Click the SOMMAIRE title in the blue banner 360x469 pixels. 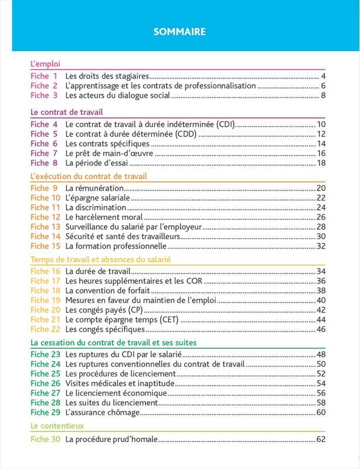coord(179,32)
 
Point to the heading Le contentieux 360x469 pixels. coord(57,426)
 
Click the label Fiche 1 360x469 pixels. coord(44,76)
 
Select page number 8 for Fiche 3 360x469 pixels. coord(323,96)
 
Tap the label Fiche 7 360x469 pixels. coord(44,153)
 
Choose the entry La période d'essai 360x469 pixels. coord(97,163)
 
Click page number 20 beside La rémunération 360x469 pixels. coord(321,188)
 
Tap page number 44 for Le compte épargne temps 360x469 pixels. coord(321,320)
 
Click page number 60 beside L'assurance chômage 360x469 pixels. coord(321,413)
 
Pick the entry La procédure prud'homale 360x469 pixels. coord(112,439)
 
